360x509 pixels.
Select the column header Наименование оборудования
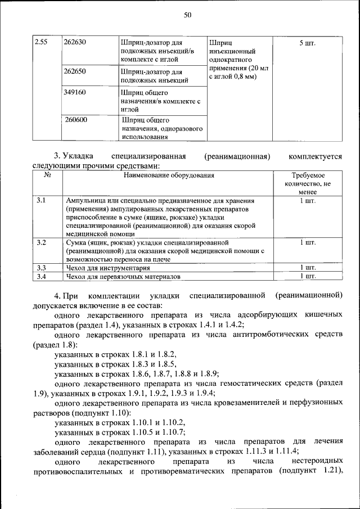pos(169,175)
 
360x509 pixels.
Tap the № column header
pos(47,175)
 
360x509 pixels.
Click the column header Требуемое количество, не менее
pos(307,183)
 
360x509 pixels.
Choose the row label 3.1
pos(40,200)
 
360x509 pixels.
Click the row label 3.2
pos(40,242)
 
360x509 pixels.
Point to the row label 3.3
pos(40,268)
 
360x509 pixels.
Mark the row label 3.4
pos(40,277)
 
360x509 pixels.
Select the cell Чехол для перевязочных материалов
pos(124,277)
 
